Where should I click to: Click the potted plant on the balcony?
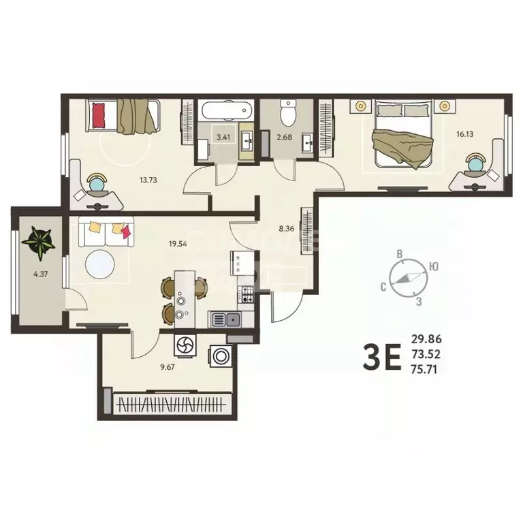click(x=37, y=242)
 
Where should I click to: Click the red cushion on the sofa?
click(x=125, y=232)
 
